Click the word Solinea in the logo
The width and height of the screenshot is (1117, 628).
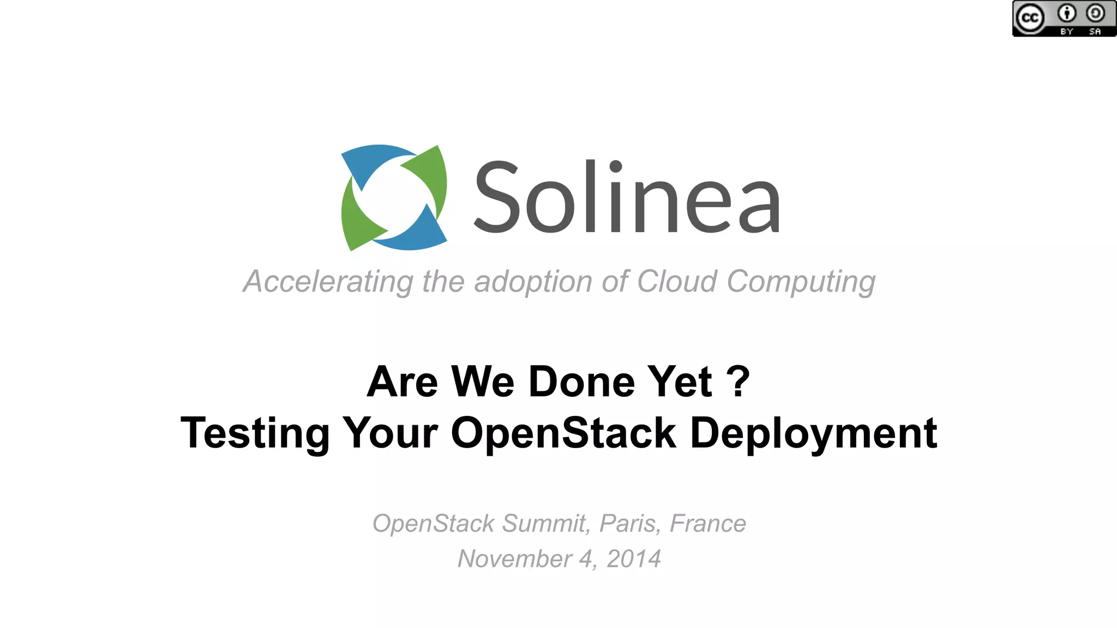click(627, 197)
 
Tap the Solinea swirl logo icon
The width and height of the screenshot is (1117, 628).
click(394, 197)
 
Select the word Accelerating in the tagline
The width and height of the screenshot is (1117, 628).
click(328, 282)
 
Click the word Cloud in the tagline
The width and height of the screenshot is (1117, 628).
click(677, 282)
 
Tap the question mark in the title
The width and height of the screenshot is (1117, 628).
click(738, 381)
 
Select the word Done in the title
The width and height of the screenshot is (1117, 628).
click(581, 381)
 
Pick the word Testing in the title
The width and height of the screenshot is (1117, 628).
click(255, 433)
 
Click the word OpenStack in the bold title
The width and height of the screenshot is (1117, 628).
click(563, 433)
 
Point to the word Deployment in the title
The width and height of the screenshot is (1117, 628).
click(813, 433)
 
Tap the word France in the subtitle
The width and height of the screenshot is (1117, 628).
click(707, 524)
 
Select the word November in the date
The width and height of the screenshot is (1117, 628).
click(515, 559)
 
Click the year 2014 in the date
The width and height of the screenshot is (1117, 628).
click(634, 559)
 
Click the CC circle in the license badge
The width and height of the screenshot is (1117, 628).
click(1030, 19)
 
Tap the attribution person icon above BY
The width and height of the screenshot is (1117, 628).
click(1067, 13)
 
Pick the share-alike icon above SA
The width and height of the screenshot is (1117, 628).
click(1095, 13)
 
